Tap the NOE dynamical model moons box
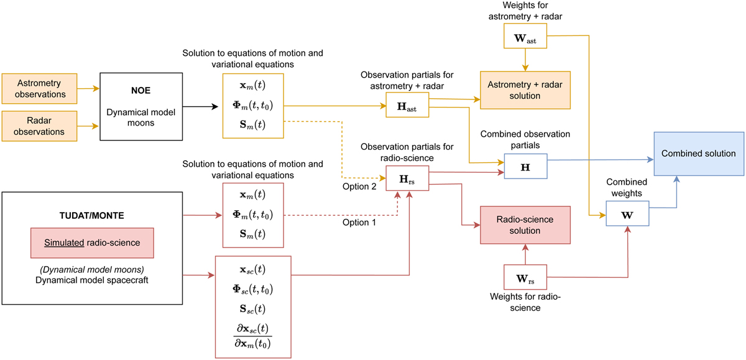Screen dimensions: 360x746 coord(135,106)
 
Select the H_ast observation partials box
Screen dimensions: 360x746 coord(407,106)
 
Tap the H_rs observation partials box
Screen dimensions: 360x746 coord(407,180)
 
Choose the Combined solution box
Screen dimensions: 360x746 coord(698,154)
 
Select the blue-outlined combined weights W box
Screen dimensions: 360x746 coord(628,216)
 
